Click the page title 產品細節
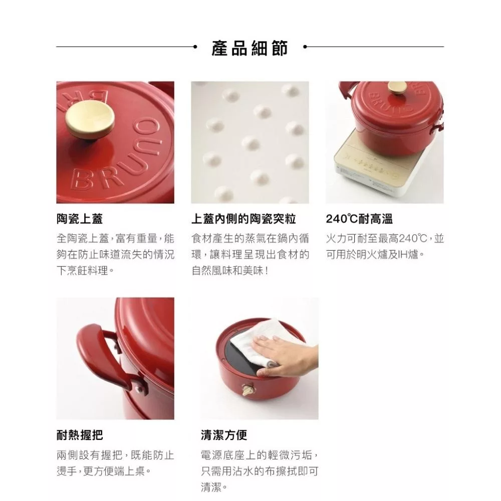click(249, 48)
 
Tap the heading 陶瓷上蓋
click(80, 219)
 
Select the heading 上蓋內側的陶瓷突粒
click(243, 219)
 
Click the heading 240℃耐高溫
click(359, 219)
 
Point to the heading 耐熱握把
click(80, 435)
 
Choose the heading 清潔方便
click(224, 435)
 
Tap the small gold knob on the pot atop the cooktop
click(397, 87)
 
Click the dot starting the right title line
click(305, 47)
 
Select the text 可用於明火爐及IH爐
click(372, 255)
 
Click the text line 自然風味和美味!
click(230, 271)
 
